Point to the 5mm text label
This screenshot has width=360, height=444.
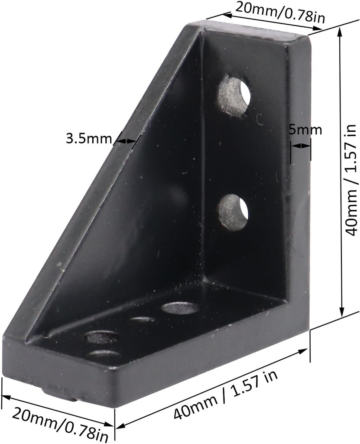[306, 130]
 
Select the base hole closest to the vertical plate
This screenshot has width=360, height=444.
[180, 308]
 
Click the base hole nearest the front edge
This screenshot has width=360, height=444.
[103, 355]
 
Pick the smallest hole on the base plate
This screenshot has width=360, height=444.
[143, 320]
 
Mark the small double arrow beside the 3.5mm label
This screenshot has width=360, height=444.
[126, 140]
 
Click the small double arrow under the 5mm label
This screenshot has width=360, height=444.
[301, 146]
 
